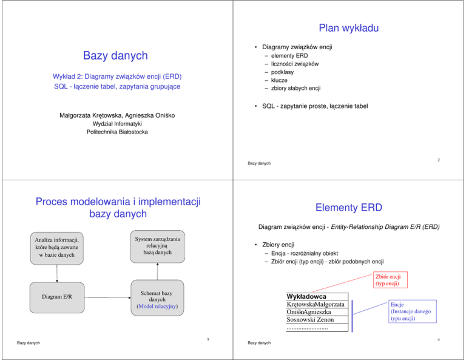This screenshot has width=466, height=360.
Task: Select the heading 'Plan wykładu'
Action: coord(349,28)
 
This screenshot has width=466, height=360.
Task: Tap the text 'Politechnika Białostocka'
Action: coord(116,132)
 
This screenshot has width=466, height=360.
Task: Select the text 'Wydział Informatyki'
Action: coord(116,123)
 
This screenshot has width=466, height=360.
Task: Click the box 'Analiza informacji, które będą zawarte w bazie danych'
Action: coord(57,247)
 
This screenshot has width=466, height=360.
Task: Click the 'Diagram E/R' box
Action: coord(57,297)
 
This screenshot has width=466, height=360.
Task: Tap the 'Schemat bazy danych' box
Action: coord(157,299)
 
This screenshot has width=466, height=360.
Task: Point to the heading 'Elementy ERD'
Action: coord(349,208)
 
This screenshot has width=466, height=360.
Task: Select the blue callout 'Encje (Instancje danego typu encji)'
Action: coord(407,312)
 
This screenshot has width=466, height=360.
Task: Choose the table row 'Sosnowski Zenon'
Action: coord(314,320)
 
